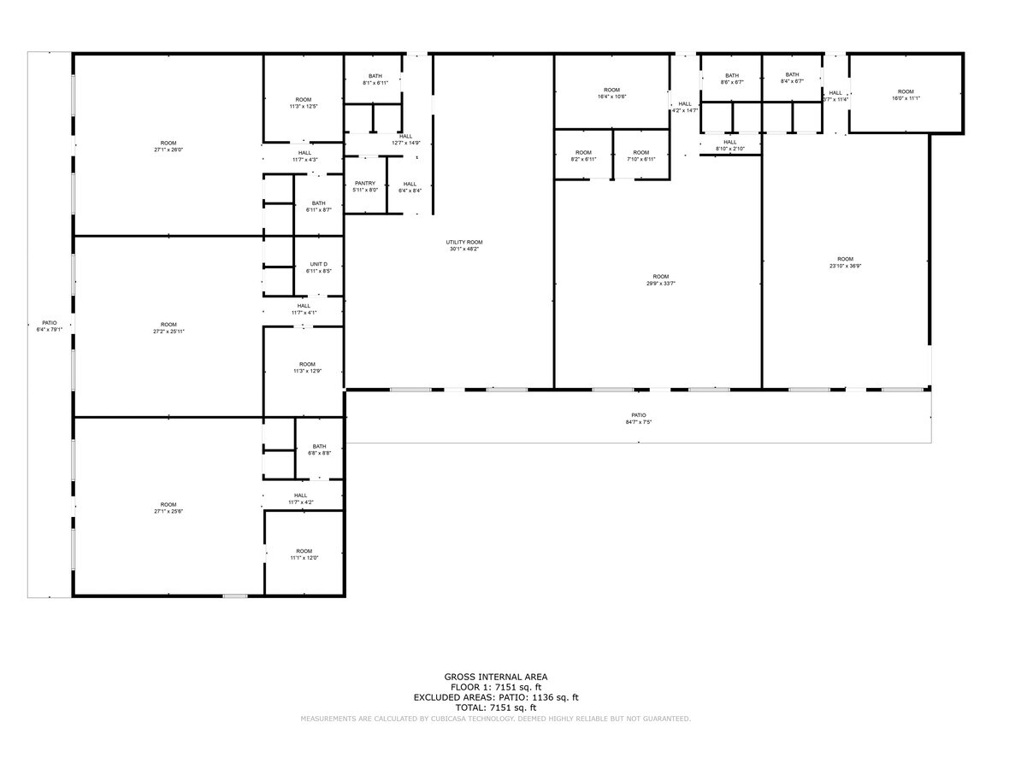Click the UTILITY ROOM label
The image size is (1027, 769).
pyautogui.click(x=465, y=245)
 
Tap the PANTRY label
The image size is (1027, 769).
pyautogui.click(x=365, y=186)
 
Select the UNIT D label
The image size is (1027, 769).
pyautogui.click(x=318, y=267)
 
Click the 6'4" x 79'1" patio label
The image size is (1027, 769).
pyautogui.click(x=50, y=326)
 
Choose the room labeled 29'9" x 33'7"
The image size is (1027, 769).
pyautogui.click(x=660, y=279)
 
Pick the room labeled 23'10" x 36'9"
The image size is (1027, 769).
pyautogui.click(x=845, y=262)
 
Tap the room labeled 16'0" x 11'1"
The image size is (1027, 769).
pyautogui.click(x=906, y=95)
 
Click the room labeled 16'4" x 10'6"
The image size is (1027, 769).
pyautogui.click(x=611, y=93)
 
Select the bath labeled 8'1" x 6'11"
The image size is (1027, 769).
pyautogui.click(x=375, y=79)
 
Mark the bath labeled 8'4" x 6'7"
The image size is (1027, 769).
pyautogui.click(x=792, y=78)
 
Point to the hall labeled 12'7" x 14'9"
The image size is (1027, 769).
pyautogui.click(x=405, y=139)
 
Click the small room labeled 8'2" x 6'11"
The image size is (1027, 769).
pyautogui.click(x=583, y=156)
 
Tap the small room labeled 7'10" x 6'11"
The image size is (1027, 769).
pyautogui.click(x=641, y=156)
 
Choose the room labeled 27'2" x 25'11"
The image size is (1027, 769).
pyautogui.click(x=168, y=327)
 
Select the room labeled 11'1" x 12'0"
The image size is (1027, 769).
pyautogui.click(x=304, y=555)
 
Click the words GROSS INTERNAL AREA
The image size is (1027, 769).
pyautogui.click(x=496, y=677)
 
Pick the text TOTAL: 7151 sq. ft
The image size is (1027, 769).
pyautogui.click(x=496, y=707)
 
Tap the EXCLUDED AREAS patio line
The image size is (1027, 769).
pyautogui.click(x=496, y=697)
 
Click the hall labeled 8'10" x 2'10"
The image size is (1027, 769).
pyautogui.click(x=729, y=145)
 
